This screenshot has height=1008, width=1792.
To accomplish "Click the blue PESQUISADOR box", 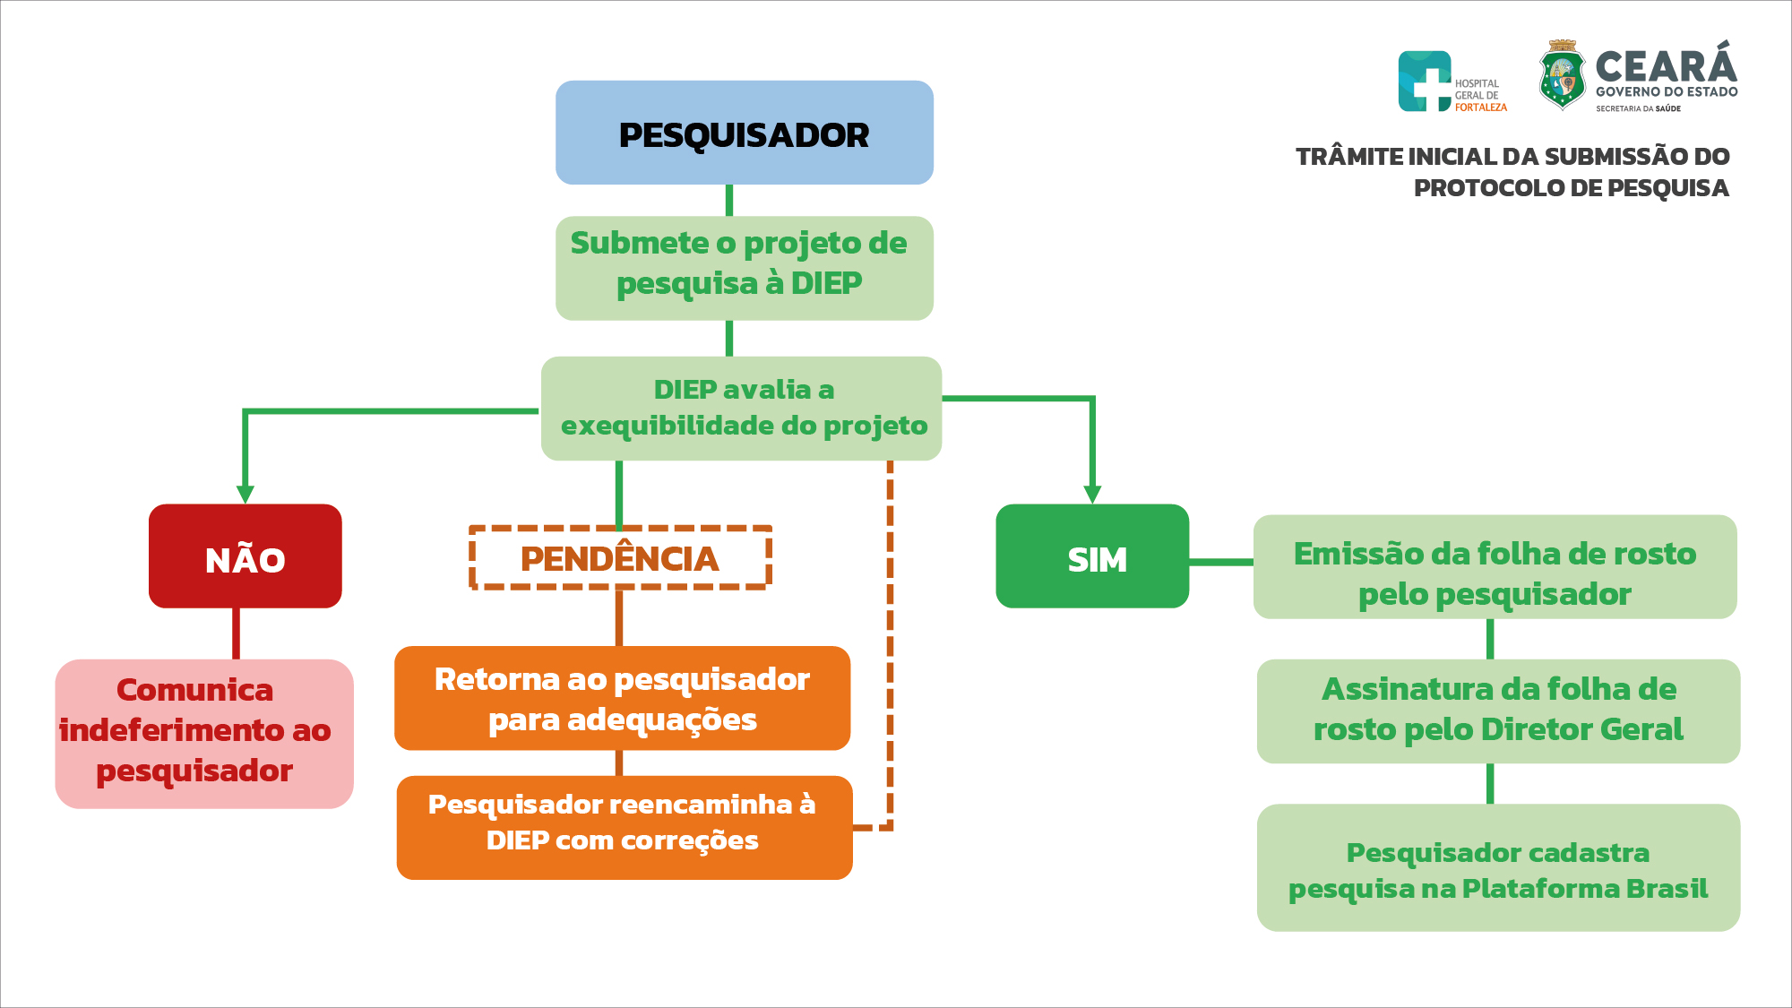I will (x=744, y=133).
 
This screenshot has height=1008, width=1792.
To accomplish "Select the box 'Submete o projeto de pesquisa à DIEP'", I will (x=744, y=267).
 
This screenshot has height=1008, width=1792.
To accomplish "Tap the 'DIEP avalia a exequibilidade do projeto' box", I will (x=741, y=409).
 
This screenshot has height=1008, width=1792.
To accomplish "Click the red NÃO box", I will (x=245, y=556).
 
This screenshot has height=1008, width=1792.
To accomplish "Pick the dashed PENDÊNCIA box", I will (x=620, y=558).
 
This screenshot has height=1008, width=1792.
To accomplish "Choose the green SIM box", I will (x=1092, y=556).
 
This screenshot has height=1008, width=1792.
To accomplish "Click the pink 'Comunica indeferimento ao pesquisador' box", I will (x=204, y=734).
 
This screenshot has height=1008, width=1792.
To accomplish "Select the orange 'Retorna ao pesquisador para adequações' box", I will (x=622, y=698).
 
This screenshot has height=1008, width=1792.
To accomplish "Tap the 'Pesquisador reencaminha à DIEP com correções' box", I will (x=624, y=827).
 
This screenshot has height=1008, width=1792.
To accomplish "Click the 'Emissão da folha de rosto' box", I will (x=1495, y=566).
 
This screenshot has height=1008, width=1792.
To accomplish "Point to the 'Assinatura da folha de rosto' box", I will (x=1498, y=711).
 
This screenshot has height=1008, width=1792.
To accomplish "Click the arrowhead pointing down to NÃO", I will (x=245, y=495).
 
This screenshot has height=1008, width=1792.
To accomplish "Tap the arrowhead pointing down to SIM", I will (x=1092, y=495).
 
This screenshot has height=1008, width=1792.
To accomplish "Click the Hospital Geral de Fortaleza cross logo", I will (x=1425, y=82).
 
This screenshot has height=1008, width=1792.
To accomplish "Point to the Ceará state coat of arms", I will (x=1563, y=76).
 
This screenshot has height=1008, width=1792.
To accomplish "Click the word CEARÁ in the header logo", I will (x=1666, y=66).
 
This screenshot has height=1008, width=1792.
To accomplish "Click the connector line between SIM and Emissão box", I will (x=1220, y=562).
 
